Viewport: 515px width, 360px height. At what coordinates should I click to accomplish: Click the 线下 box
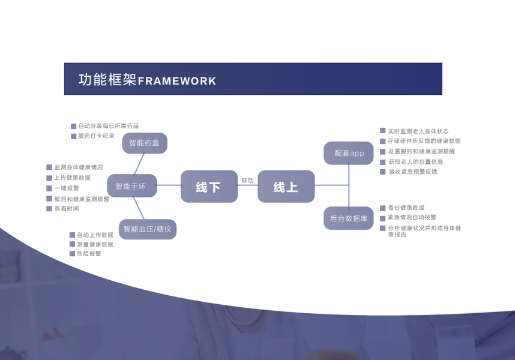click(209, 187)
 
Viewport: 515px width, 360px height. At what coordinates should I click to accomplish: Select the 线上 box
click(286, 187)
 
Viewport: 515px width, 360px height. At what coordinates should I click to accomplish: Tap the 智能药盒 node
click(145, 143)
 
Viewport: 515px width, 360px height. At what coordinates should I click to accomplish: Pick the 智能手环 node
click(131, 186)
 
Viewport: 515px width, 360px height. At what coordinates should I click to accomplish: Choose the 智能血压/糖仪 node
click(147, 229)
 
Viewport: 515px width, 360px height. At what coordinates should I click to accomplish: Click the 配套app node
click(349, 154)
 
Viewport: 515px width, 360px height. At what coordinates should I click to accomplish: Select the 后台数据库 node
click(349, 218)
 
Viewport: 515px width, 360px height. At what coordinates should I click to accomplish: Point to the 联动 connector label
click(247, 180)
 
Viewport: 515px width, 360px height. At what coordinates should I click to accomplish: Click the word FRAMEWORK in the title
click(177, 81)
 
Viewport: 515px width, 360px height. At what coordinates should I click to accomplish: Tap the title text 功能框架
click(107, 80)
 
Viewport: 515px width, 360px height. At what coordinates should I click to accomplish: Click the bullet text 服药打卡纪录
click(96, 136)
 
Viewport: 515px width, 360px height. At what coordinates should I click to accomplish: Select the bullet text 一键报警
click(67, 188)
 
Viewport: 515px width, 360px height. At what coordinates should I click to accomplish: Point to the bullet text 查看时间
click(67, 209)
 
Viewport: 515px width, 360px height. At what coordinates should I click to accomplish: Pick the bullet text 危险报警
click(89, 254)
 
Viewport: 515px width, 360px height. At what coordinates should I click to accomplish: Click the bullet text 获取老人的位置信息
click(416, 162)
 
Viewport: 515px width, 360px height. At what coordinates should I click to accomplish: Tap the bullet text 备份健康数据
click(406, 208)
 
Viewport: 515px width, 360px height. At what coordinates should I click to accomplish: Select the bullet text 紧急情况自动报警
click(412, 218)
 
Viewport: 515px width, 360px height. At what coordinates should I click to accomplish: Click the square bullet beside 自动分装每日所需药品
click(74, 127)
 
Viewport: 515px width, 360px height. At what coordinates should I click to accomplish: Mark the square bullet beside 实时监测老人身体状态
click(383, 131)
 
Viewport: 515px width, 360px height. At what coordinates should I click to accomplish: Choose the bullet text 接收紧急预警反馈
click(413, 172)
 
